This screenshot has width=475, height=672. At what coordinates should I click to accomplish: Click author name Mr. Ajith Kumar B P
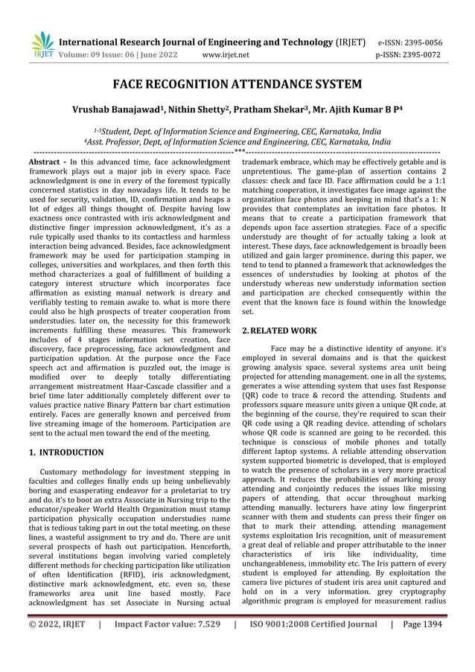(351, 109)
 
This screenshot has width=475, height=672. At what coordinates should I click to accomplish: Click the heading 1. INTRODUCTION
(66, 452)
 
